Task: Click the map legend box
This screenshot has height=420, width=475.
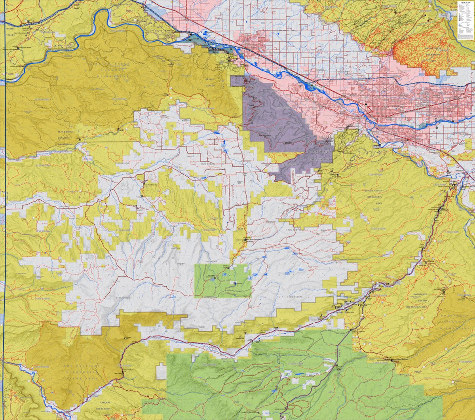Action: click(x=465, y=20)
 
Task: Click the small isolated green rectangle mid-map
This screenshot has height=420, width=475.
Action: click(x=223, y=281)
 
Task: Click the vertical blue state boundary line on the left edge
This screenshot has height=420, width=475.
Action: click(x=5, y=198)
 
